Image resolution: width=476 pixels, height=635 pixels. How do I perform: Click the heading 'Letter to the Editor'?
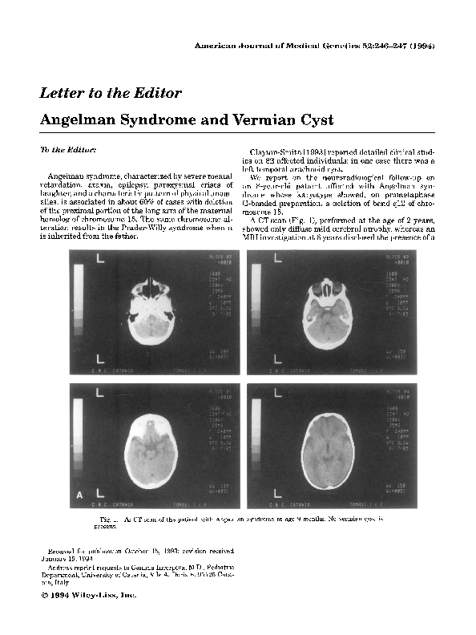click(111, 93)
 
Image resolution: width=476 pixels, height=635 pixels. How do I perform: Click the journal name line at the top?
click(314, 47)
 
